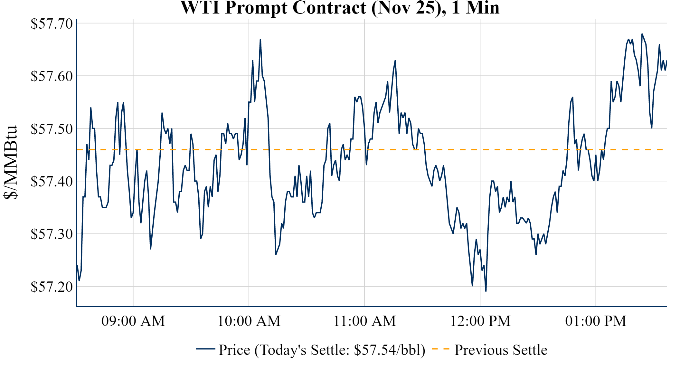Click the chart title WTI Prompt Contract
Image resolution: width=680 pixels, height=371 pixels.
click(340, 8)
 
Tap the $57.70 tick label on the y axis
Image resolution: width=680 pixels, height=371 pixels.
click(52, 24)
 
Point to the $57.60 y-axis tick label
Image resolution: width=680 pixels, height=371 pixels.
click(52, 76)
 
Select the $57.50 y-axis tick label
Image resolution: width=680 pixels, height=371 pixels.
click(52, 129)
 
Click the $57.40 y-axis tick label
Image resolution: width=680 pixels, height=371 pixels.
click(52, 181)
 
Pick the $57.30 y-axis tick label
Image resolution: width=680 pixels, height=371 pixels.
click(52, 234)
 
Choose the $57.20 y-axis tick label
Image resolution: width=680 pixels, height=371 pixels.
click(52, 286)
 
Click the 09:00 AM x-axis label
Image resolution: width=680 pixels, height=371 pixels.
click(133, 321)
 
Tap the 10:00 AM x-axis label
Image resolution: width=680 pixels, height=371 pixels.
click(249, 321)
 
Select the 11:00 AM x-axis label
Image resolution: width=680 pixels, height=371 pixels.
click(364, 321)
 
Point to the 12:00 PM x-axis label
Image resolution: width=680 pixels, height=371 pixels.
click(480, 321)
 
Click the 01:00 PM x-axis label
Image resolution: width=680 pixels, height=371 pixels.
click(596, 321)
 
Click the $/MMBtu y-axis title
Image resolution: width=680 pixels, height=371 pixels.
click(10, 163)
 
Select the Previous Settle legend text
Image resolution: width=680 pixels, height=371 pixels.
click(501, 350)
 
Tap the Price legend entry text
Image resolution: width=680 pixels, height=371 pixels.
click(322, 350)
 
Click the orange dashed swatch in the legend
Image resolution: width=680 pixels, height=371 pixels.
click(440, 349)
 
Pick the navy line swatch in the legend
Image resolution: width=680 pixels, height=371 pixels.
click(205, 349)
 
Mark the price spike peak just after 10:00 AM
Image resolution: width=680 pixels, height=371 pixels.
click(260, 40)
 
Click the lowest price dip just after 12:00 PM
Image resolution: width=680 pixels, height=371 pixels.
click(486, 291)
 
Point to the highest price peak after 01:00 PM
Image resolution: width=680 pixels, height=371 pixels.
click(642, 34)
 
